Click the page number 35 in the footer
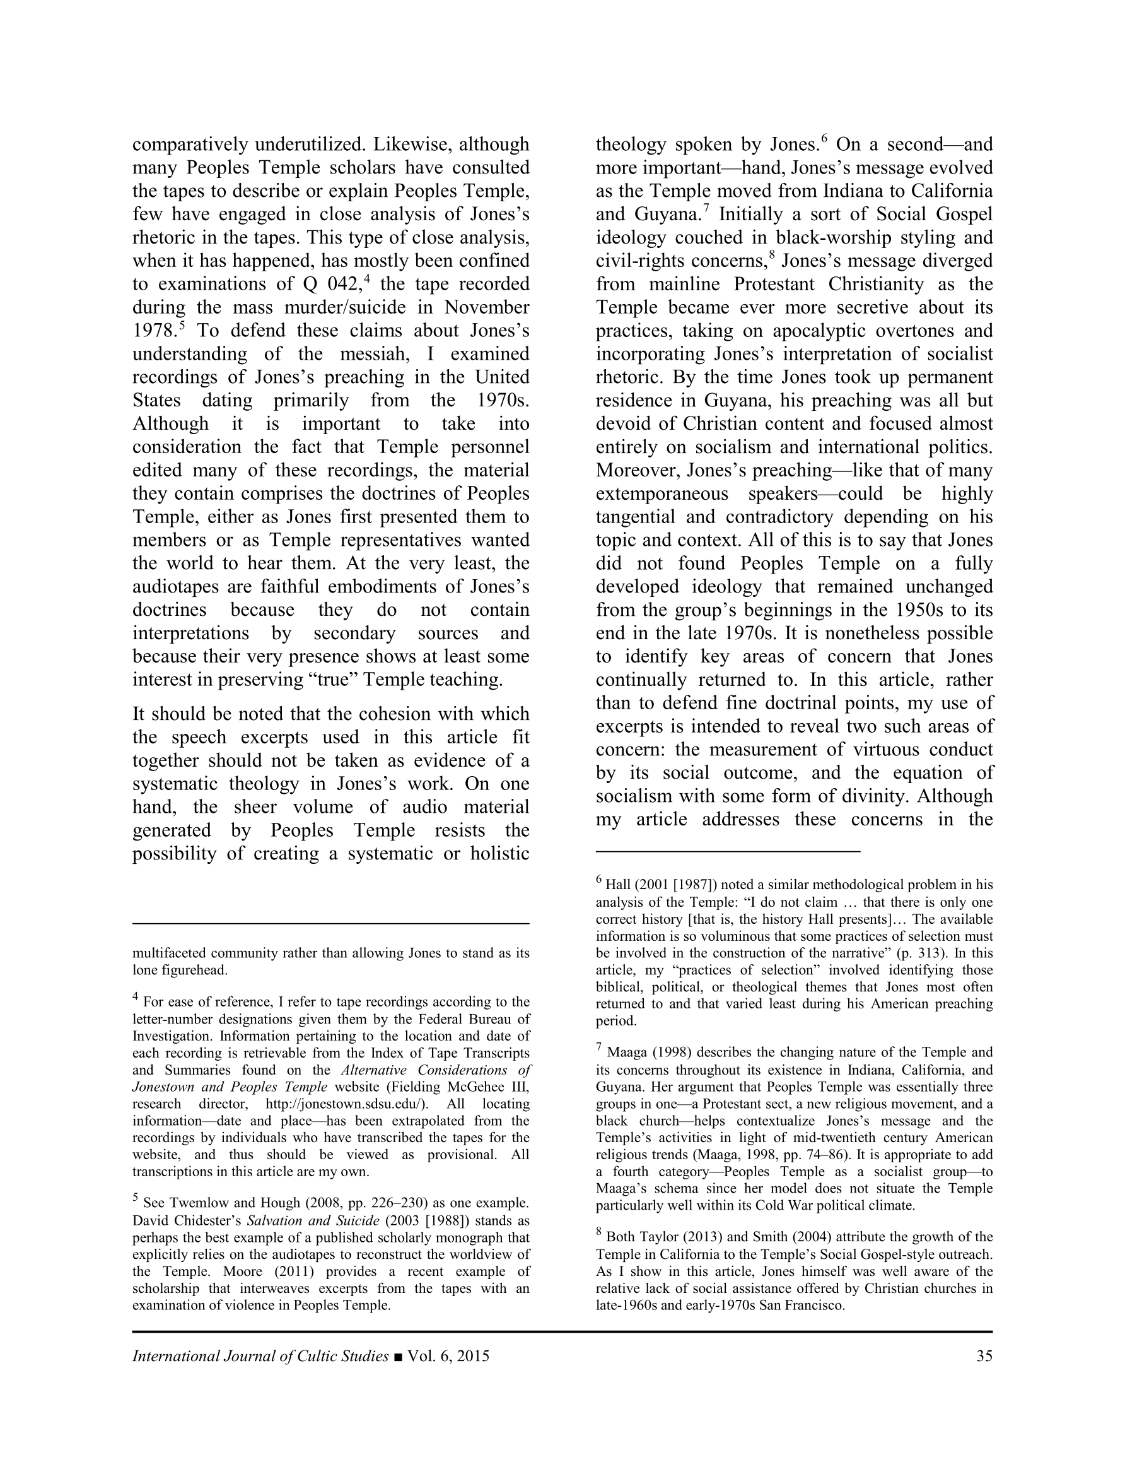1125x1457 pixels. (x=984, y=1356)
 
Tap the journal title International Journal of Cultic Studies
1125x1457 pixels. (x=260, y=1356)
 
